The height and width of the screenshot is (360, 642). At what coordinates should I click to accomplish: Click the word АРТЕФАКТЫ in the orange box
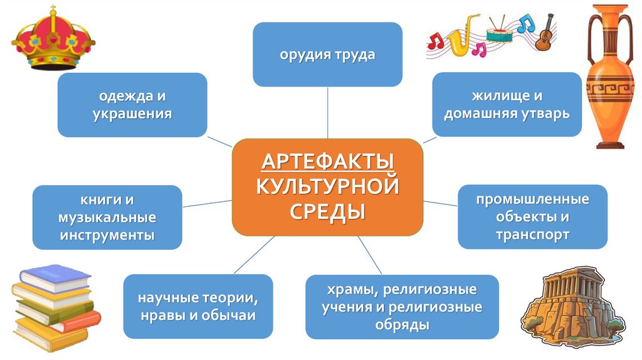(x=327, y=162)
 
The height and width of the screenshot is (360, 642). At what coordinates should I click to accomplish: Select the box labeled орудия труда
(x=327, y=55)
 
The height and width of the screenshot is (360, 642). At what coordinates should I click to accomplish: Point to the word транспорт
(x=532, y=235)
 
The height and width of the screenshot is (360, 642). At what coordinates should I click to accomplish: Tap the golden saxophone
(x=456, y=39)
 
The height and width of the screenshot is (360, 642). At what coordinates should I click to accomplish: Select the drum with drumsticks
(x=499, y=33)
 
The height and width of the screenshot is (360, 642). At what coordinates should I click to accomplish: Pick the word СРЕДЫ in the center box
(x=327, y=210)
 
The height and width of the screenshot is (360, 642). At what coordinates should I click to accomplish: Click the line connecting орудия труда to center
(x=327, y=112)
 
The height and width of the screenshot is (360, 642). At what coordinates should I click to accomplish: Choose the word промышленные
(x=532, y=200)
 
